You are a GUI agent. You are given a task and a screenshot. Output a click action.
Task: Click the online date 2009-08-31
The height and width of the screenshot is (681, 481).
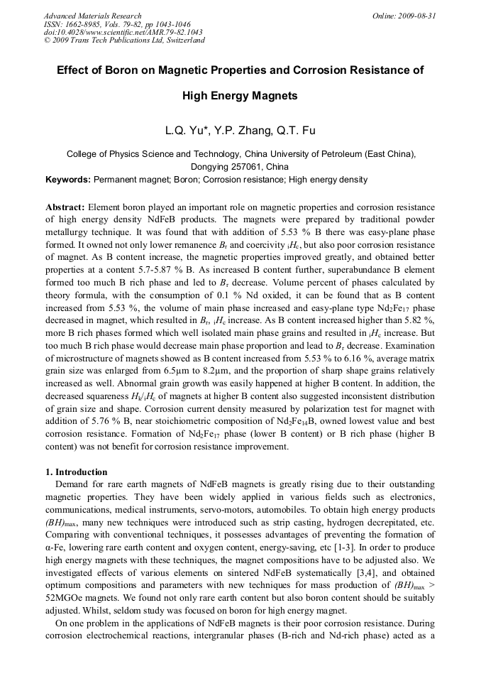point(417,16)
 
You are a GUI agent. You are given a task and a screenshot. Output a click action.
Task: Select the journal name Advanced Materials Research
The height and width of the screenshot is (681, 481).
point(93,16)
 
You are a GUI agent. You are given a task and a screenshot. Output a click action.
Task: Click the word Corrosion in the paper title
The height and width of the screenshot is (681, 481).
point(323,70)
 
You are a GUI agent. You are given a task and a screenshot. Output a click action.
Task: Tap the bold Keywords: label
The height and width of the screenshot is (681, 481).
point(69,180)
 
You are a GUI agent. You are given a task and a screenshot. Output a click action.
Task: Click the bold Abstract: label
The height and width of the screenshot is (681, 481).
point(65,207)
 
